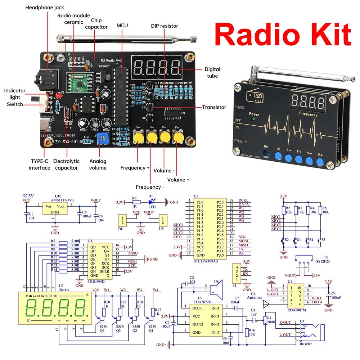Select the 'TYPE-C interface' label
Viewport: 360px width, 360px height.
(x=40, y=165)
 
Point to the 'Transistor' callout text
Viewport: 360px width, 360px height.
(x=214, y=107)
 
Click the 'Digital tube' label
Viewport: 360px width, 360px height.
(x=212, y=72)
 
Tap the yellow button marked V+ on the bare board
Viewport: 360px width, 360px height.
(x=138, y=138)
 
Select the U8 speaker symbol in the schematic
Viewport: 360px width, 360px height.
(x=217, y=288)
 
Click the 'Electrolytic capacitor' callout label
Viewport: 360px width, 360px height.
(x=66, y=165)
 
